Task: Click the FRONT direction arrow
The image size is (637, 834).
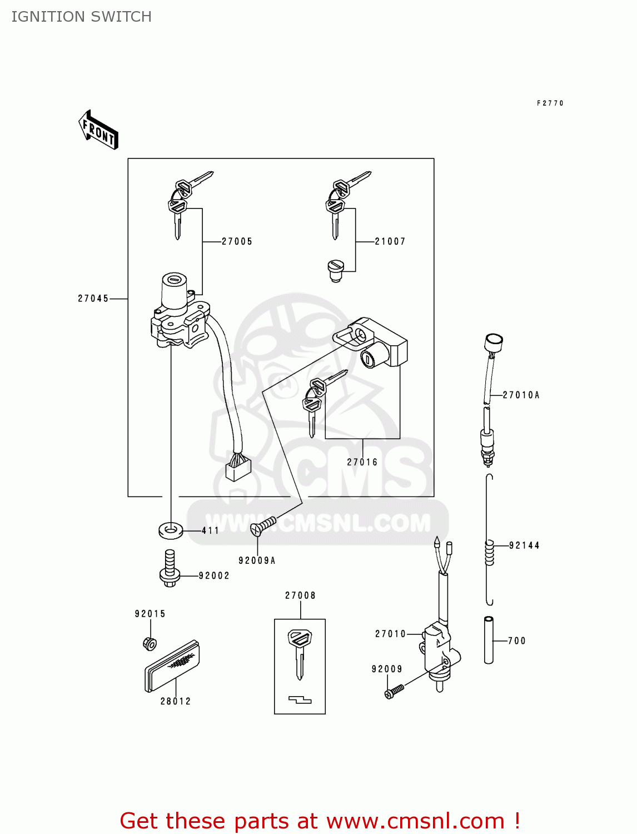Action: click(99, 130)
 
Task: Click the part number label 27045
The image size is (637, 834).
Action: click(93, 299)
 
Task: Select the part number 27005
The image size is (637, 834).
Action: click(237, 241)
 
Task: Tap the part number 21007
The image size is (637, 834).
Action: click(390, 241)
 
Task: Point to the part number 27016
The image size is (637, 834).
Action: click(362, 462)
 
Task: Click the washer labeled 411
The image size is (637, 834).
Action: click(171, 530)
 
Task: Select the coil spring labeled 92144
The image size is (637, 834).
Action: click(489, 553)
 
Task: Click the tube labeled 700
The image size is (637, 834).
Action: click(489, 640)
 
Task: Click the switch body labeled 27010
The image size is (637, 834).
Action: click(440, 651)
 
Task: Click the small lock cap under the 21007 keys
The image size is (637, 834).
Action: click(336, 271)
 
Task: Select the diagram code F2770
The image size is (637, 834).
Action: click(550, 103)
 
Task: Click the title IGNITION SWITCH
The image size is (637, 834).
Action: click(82, 17)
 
